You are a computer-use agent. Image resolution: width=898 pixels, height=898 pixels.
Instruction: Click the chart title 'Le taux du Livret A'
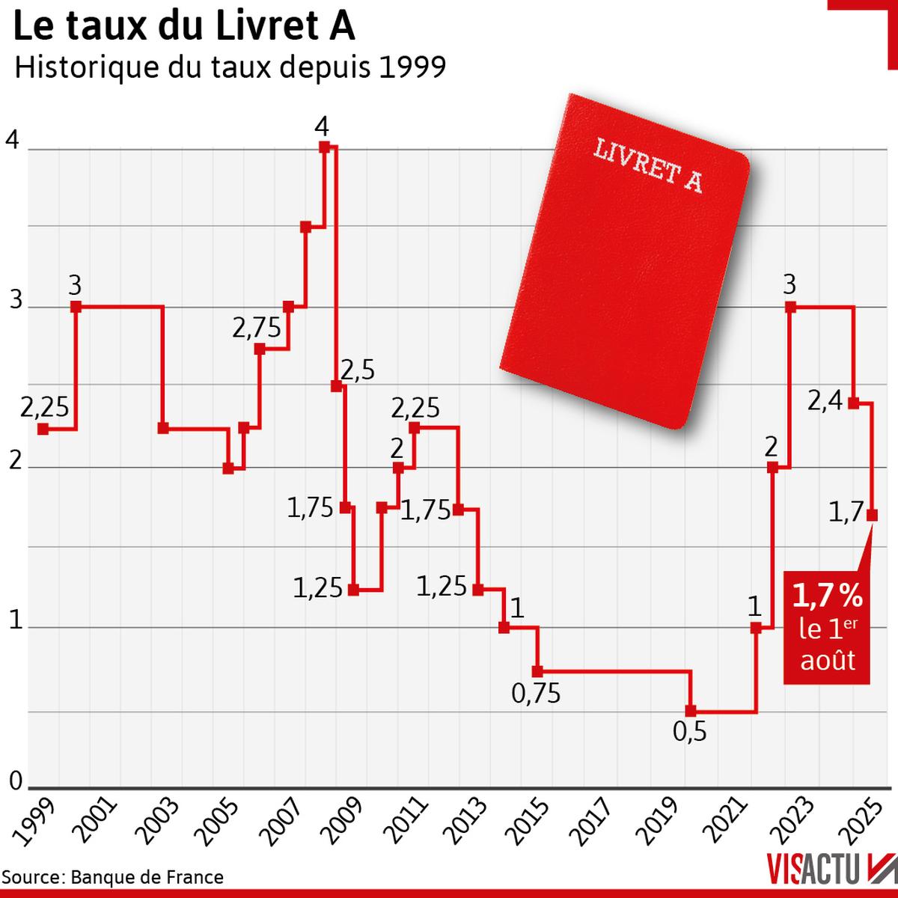coord(184,28)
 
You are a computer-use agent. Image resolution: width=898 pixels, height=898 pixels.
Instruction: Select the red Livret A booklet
coord(625,262)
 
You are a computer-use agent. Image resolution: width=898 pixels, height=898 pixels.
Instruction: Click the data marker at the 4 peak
coord(324,147)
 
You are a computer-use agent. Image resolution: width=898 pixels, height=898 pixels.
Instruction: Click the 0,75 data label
coord(536,694)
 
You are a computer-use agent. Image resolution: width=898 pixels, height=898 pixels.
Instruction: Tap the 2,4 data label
coord(825,403)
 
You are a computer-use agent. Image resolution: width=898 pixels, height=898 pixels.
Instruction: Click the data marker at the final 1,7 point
coord(873,515)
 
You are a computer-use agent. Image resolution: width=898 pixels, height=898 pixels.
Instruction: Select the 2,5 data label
coord(358,370)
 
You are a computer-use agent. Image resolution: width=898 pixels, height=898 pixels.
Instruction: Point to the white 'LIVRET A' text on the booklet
coord(648,165)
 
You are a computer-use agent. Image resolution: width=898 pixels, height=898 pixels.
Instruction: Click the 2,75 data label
coord(256,328)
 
